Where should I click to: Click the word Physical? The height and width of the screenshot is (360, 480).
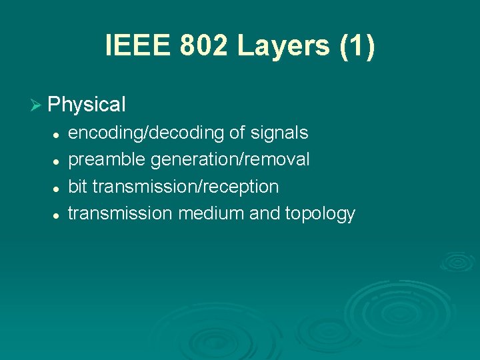87,105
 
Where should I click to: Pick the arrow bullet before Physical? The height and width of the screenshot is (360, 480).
37,105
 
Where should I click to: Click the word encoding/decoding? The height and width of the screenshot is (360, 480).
146,133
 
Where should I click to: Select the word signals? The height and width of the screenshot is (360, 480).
279,133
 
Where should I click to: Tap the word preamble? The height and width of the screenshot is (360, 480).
107,160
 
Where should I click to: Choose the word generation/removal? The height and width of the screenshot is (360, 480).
230,160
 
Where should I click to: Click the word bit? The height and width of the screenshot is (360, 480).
78,187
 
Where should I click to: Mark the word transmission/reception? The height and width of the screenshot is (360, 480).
185,187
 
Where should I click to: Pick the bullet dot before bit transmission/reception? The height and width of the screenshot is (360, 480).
57,188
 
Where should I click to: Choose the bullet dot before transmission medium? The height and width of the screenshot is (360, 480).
57,215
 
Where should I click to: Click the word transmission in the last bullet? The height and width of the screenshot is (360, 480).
121,213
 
